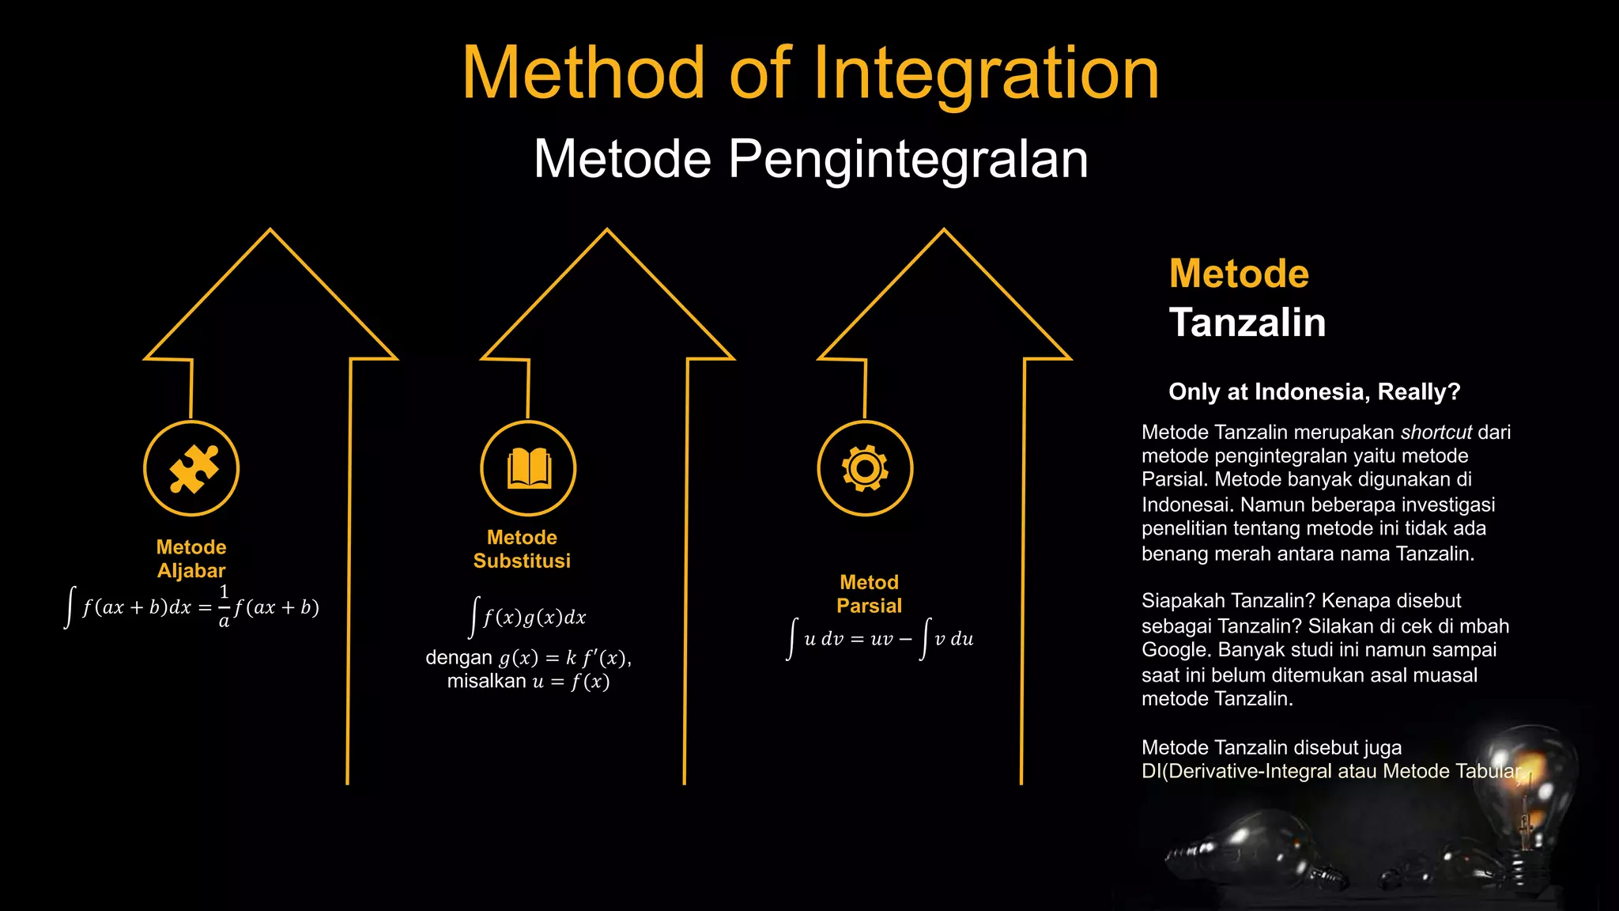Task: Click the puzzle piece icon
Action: tap(192, 468)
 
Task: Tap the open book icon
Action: tap(528, 468)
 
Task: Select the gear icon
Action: tap(865, 468)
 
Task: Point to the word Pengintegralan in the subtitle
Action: tap(908, 159)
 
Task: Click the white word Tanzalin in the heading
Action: tap(1247, 323)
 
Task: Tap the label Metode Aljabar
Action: tap(191, 558)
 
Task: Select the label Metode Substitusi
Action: tap(522, 549)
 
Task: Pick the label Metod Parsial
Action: tap(869, 594)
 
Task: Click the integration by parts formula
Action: tap(881, 639)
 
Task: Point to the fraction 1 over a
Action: tap(224, 607)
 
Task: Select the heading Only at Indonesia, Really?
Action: tap(1314, 392)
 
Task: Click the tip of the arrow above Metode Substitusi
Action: tap(607, 231)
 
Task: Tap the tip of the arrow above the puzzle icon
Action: tap(270, 231)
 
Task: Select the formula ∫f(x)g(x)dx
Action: tap(528, 617)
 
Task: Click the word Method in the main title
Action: tap(583, 74)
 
